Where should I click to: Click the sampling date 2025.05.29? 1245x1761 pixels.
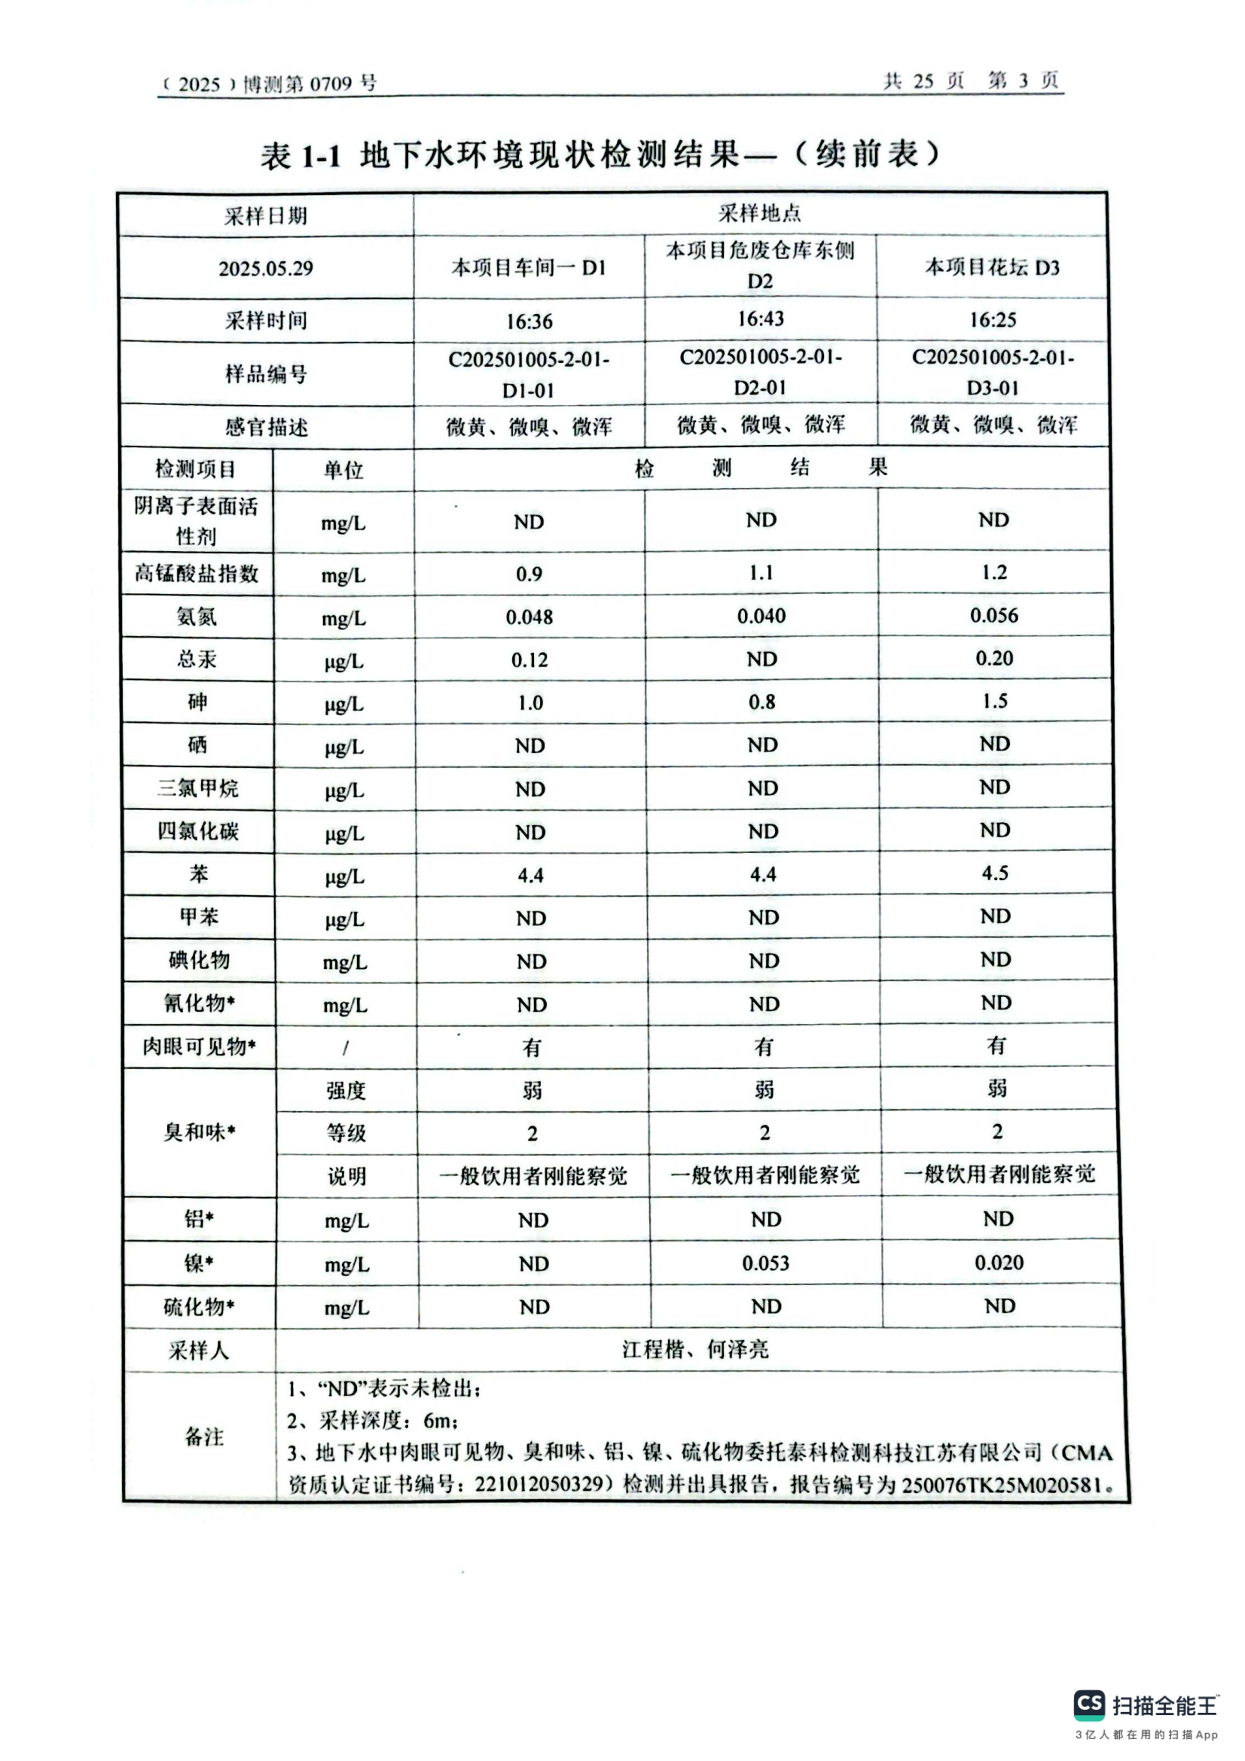click(x=265, y=269)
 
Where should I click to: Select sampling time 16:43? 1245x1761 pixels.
click(x=760, y=319)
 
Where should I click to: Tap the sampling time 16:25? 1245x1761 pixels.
click(x=993, y=319)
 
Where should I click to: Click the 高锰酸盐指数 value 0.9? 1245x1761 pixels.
click(x=529, y=574)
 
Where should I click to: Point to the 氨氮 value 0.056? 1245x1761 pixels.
click(x=994, y=615)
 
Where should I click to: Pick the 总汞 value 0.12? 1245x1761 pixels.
click(x=529, y=660)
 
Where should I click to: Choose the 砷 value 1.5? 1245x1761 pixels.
click(x=995, y=701)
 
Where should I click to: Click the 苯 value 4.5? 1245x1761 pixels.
click(x=995, y=873)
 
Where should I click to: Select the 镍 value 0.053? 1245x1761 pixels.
click(x=765, y=1263)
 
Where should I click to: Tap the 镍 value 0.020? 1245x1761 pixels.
click(x=999, y=1263)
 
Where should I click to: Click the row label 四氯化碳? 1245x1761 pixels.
click(x=198, y=831)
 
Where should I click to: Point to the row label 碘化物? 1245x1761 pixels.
click(x=199, y=960)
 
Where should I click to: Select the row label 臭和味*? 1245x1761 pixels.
click(x=199, y=1132)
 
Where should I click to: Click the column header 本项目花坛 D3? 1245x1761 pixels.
click(x=992, y=267)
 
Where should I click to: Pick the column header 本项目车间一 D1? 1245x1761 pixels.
click(x=529, y=268)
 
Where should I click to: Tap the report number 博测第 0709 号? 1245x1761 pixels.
click(x=309, y=84)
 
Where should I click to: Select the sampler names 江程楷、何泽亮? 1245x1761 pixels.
click(x=695, y=1350)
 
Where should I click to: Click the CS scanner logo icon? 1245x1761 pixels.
click(x=1089, y=1705)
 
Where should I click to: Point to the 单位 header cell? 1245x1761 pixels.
click(x=343, y=469)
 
